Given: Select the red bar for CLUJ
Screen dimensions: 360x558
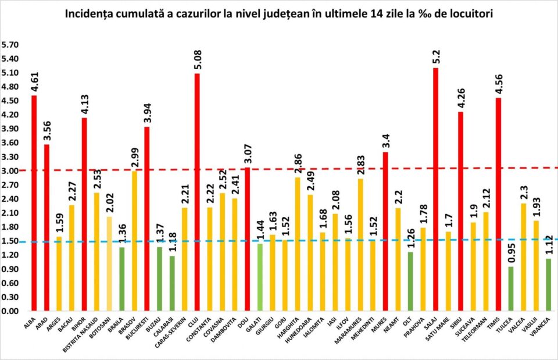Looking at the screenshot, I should click(x=197, y=192).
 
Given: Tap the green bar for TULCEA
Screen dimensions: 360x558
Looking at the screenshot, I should click(x=511, y=288).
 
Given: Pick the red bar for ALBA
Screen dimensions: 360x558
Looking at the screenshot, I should click(x=34, y=203).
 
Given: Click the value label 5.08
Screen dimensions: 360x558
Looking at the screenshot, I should click(x=197, y=58).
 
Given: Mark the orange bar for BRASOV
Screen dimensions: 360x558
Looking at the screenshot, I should click(x=135, y=241).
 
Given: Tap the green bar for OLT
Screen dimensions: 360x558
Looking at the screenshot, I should click(x=410, y=281).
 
